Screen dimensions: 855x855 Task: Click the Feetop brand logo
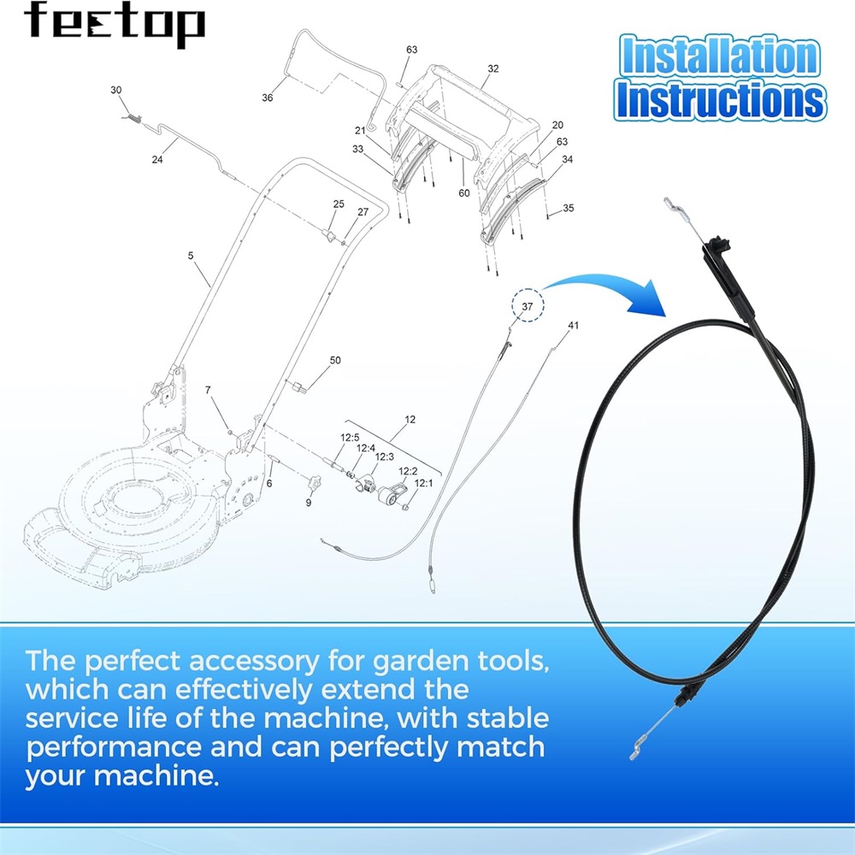115,24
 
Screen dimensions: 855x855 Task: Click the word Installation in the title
720,56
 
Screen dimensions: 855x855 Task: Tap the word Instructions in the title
720,100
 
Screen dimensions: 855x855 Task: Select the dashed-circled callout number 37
528,306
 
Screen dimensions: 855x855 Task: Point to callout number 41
573,326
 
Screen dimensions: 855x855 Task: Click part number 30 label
116,90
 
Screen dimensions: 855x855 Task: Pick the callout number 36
267,97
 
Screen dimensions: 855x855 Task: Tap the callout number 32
493,68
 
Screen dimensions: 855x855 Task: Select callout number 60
464,193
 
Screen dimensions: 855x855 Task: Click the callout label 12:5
350,437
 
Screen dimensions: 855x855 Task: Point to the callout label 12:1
424,483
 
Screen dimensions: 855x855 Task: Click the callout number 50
335,361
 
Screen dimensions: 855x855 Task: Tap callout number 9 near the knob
309,503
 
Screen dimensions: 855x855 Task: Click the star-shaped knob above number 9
314,482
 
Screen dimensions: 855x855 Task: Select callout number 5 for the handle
191,256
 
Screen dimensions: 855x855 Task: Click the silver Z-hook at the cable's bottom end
636,751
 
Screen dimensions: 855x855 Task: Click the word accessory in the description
254,662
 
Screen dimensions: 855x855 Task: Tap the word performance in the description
114,748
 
